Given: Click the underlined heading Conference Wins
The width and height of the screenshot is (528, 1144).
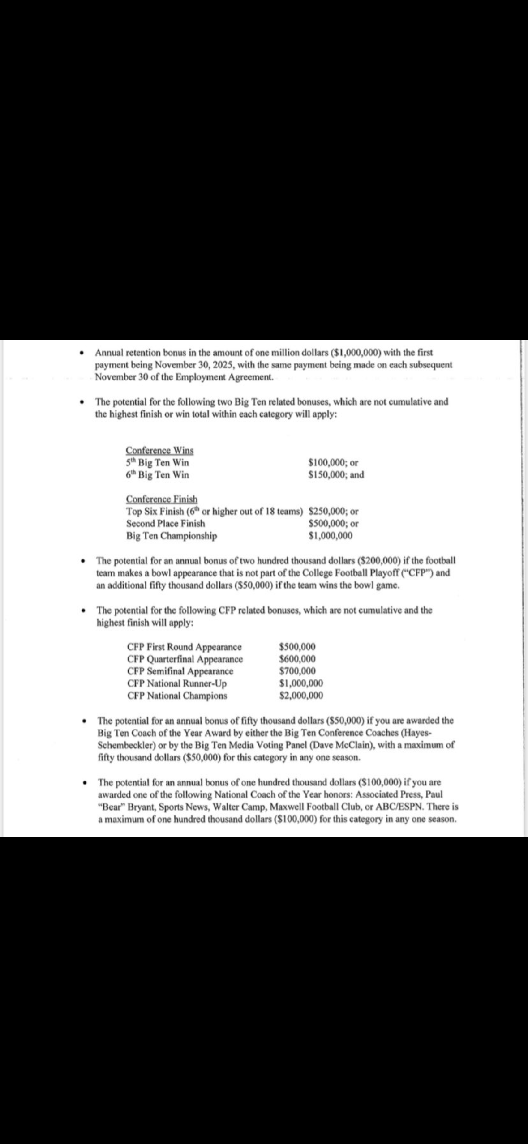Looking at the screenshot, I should [x=159, y=450].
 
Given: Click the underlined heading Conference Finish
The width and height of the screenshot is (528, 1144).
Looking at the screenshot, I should [x=162, y=499].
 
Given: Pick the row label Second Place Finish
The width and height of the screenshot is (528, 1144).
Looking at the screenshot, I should [x=165, y=524].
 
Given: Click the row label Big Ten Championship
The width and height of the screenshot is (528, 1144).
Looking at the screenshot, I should [x=172, y=536].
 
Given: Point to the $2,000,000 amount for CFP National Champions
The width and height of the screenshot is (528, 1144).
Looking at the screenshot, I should [x=301, y=696].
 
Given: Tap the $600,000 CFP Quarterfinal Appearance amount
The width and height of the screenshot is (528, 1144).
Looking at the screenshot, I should [x=297, y=659].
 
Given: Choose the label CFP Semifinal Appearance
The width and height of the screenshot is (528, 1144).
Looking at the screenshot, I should [x=180, y=671].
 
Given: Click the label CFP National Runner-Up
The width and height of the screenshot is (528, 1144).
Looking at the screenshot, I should [x=177, y=683].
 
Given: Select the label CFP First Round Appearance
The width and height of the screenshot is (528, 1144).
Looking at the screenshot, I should [x=184, y=647].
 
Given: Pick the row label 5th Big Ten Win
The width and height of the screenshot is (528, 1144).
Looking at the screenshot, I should [x=157, y=463].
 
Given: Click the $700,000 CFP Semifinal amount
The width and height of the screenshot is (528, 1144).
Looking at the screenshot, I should [x=297, y=671].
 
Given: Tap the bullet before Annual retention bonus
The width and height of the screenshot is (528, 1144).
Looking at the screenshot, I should [x=82, y=353].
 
